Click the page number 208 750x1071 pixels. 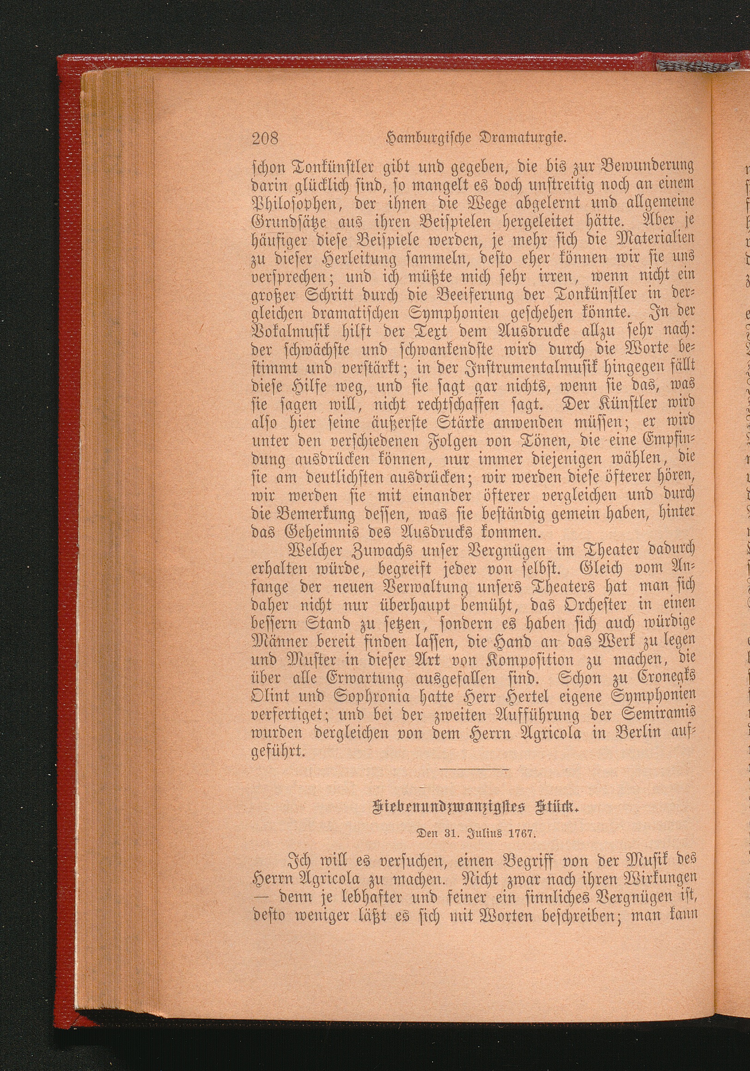pos(264,139)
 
